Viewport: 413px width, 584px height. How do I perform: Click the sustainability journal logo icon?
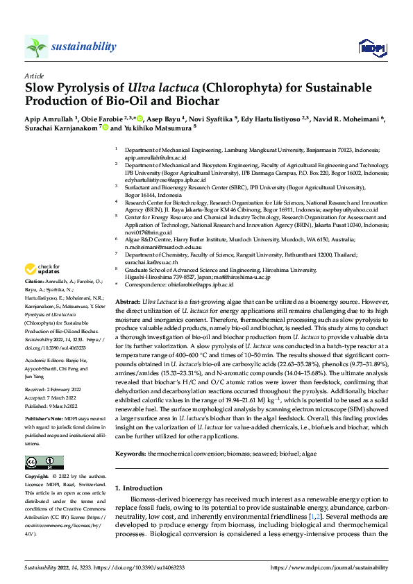click(36, 46)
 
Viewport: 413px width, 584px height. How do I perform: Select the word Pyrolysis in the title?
click(86, 88)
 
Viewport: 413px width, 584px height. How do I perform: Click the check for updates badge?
click(42, 269)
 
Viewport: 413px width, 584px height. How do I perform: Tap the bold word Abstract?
click(127, 303)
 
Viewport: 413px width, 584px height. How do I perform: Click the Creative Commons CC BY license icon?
click(42, 463)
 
